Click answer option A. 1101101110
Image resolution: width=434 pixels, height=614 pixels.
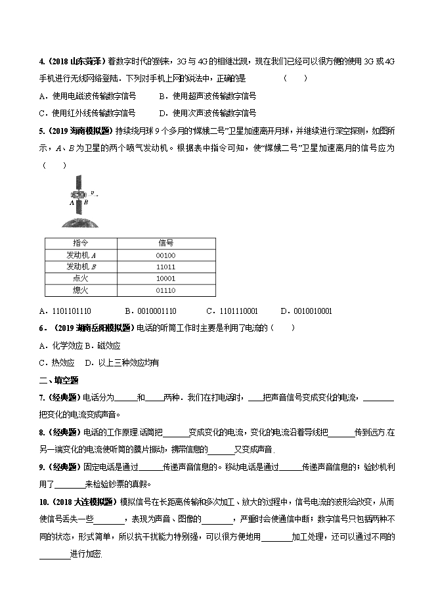click(x=66, y=311)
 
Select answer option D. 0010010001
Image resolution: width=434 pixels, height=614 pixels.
click(x=306, y=311)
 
